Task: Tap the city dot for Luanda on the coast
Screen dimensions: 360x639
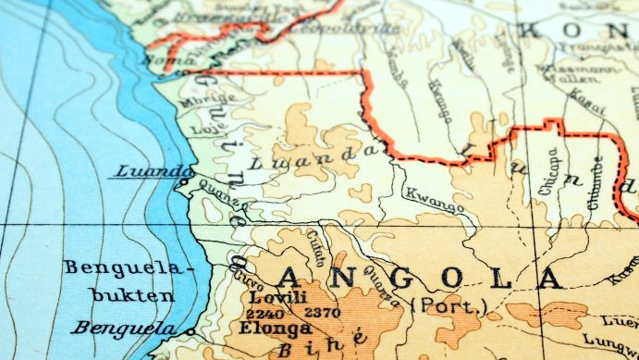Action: (x=185, y=184)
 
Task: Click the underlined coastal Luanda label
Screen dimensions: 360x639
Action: (x=154, y=172)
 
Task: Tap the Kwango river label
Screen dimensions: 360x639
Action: (x=435, y=199)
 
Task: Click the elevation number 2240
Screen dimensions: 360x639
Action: (x=264, y=313)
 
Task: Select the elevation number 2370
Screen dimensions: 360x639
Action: (x=322, y=313)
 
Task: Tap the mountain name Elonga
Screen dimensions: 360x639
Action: (x=276, y=328)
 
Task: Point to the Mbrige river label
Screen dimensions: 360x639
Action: (x=201, y=102)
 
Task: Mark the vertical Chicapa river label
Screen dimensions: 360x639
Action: (x=553, y=170)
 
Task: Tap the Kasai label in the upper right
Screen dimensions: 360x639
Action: (x=581, y=97)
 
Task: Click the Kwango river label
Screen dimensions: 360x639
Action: (x=435, y=199)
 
